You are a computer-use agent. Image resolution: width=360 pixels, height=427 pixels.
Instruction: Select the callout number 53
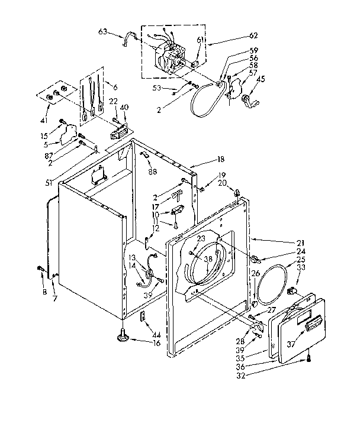pyautogui.click(x=157, y=89)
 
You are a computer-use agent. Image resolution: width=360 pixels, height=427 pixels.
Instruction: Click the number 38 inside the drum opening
pyautogui.click(x=208, y=259)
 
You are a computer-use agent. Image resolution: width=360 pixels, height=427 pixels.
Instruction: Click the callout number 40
pyautogui.click(x=124, y=107)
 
